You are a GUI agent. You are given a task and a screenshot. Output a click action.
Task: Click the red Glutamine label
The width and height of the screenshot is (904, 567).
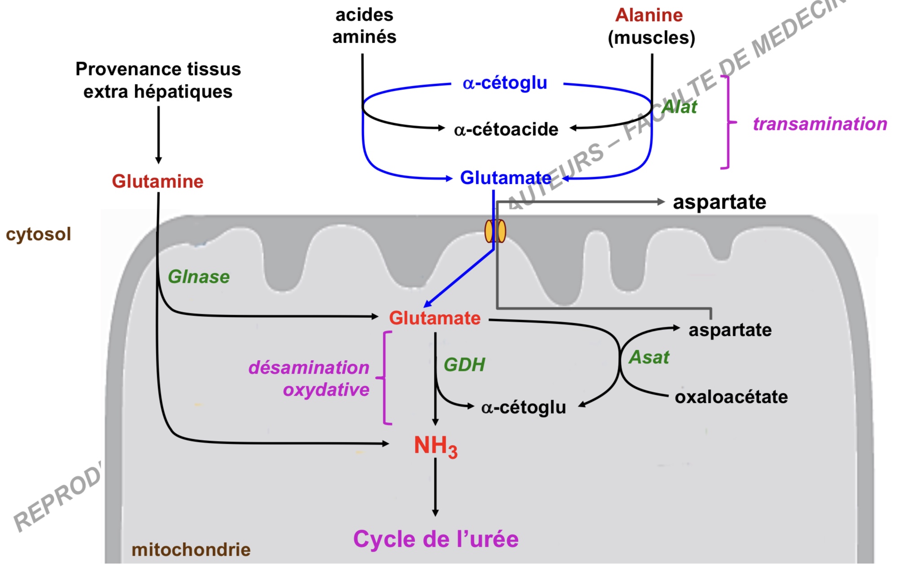pyautogui.click(x=158, y=182)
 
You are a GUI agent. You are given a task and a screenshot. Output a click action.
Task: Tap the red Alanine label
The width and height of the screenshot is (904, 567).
pyautogui.click(x=649, y=15)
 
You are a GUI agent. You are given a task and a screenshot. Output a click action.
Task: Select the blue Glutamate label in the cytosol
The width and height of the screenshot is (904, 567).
pyautogui.click(x=505, y=178)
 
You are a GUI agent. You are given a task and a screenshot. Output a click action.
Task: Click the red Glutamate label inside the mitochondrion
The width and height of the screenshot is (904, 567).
pyautogui.click(x=434, y=318)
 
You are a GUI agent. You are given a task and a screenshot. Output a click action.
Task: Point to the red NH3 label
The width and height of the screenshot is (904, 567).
pyautogui.click(x=435, y=446)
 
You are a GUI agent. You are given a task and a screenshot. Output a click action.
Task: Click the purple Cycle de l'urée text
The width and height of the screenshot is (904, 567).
pyautogui.click(x=436, y=539)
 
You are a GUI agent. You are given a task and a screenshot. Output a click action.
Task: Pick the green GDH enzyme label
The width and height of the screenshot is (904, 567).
pyautogui.click(x=464, y=365)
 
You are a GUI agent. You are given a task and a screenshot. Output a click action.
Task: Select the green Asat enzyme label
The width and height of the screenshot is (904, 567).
pyautogui.click(x=649, y=357)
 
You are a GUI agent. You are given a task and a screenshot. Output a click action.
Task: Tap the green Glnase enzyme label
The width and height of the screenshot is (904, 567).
pyautogui.click(x=199, y=277)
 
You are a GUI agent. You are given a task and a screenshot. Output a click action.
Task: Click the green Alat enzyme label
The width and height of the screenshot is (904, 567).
pyautogui.click(x=679, y=107)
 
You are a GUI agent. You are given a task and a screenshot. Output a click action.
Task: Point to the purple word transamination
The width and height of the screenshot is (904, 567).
pyautogui.click(x=820, y=124)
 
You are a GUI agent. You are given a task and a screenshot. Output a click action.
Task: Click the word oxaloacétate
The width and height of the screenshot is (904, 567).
pyautogui.click(x=731, y=397)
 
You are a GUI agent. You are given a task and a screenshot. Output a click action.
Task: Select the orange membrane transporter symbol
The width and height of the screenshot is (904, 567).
pyautogui.click(x=495, y=231)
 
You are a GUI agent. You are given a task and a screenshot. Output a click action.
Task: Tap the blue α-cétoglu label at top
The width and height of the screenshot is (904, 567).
pyautogui.click(x=505, y=83)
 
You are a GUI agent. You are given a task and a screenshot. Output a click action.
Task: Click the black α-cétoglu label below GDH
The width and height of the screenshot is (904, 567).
pyautogui.click(x=523, y=407)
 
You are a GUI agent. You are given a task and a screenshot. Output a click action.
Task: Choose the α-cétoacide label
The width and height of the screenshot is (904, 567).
pyautogui.click(x=506, y=129)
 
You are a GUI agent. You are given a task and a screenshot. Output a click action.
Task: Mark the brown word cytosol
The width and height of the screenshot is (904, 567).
pyautogui.click(x=39, y=234)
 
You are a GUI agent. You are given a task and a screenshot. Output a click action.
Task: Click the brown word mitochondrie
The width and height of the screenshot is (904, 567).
pyautogui.click(x=191, y=549)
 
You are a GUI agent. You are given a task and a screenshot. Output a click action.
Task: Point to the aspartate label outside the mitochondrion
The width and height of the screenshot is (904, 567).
pyautogui.click(x=719, y=202)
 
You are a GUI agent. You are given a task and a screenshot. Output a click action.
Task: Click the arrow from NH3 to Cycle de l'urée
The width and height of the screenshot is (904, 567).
pyautogui.click(x=435, y=488)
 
